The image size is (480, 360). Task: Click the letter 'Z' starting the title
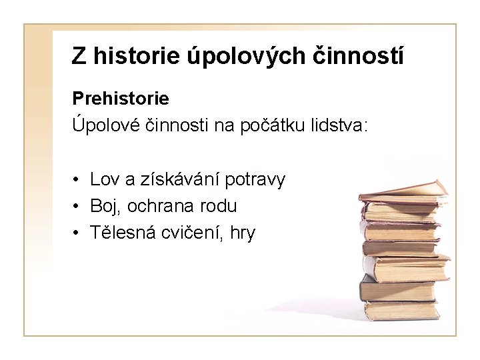79,57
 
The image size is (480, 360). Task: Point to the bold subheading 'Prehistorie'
121,99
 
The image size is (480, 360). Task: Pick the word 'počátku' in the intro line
276,125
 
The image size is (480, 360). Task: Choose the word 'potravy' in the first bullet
255,179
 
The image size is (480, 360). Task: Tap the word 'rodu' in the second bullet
219,207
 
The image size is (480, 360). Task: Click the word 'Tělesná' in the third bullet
120,233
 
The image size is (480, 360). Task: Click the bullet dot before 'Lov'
78,180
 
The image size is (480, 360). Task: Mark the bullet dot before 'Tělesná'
78,234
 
